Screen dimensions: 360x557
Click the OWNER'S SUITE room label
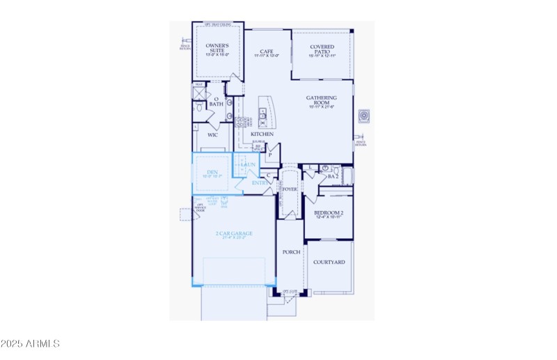pos(217,49)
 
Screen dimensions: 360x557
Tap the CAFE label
pos(265,51)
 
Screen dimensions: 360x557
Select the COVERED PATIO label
pos(322,47)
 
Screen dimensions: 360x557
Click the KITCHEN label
pos(263,134)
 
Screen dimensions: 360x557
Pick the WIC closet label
pos(212,134)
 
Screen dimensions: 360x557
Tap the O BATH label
pos(216,102)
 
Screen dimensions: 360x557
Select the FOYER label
pos(290,187)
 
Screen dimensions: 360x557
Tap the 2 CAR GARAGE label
pos(233,233)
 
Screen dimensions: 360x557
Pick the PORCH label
pos(291,252)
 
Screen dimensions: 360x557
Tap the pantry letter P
pos(269,155)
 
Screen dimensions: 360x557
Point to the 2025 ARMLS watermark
pos(31,343)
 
